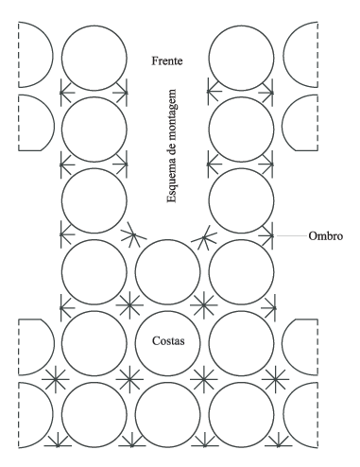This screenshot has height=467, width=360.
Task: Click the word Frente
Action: pos(167,61)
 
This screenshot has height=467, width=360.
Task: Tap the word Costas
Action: pos(168,340)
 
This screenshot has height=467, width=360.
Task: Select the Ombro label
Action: pos(325,235)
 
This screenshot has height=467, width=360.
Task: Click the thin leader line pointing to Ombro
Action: pos(290,235)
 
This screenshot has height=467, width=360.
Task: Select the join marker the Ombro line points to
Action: pos(266,235)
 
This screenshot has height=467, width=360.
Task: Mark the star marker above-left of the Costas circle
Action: pos(129,305)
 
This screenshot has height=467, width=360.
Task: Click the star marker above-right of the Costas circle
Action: pos(203,305)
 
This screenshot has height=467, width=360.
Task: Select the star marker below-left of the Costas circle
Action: pos(129,379)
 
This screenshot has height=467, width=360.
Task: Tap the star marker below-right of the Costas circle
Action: pos(203,379)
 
